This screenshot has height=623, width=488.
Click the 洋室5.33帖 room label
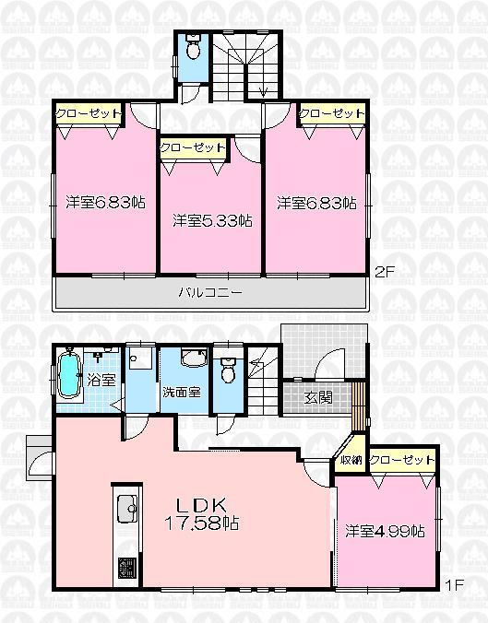click(212, 221)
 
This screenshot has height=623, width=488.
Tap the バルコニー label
click(210, 292)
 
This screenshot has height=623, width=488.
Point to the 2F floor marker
click(384, 272)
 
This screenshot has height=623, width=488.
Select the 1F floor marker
click(452, 584)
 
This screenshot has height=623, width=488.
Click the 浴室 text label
click(101, 378)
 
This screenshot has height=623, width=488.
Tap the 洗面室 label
click(181, 392)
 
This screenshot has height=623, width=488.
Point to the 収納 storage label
click(351, 460)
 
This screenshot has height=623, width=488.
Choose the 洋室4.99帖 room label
click(385, 531)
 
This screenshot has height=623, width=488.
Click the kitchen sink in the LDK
click(126, 507)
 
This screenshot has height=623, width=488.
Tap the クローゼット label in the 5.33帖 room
click(193, 147)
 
